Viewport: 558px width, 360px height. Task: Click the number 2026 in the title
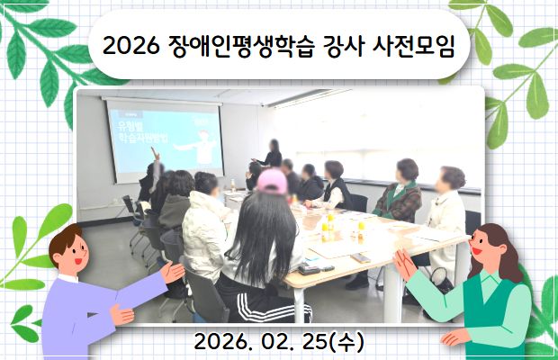click(x=132, y=46)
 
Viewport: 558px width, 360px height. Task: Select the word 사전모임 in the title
click(x=415, y=46)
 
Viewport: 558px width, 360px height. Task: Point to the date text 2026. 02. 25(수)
click(x=278, y=342)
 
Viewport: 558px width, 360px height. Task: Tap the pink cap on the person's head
click(x=272, y=180)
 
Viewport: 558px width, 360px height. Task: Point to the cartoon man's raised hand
click(x=171, y=270)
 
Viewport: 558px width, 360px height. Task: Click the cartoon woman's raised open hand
click(x=404, y=264)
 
